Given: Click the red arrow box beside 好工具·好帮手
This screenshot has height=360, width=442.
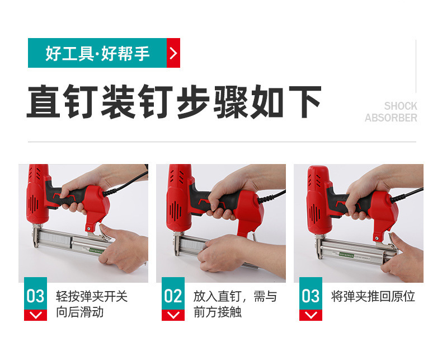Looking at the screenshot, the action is coord(173,53).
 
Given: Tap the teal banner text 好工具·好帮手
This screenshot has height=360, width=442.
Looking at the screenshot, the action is coord(97,53).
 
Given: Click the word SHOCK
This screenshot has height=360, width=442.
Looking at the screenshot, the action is coord(401,106).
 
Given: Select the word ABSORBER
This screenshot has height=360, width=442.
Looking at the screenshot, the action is coord(391,118).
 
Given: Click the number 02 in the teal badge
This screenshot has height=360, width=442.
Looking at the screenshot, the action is coord(173,296).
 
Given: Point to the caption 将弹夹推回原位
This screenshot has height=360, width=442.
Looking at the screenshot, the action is coord(373,296).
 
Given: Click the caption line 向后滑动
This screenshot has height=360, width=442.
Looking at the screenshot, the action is coord(80,312).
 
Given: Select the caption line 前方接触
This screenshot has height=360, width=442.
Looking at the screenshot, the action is coord(217,312).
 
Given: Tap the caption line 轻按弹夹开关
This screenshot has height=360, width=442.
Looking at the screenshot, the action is coord(92,296).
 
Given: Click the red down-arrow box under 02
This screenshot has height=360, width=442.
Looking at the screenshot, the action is coord(173,315).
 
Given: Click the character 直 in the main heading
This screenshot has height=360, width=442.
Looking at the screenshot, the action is coord(43,101).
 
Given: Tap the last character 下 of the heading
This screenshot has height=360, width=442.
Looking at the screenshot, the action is coord(305,101).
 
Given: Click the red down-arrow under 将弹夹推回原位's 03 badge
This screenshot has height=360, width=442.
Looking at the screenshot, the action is coord(311,315).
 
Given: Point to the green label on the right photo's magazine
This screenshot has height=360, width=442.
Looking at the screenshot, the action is coord(346,255).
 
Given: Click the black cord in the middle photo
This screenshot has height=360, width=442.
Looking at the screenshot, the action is coord(272,197).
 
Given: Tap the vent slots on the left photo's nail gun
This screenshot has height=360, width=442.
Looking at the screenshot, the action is coord(33,203).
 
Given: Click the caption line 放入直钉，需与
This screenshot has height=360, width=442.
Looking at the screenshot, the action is coord(235,296).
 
